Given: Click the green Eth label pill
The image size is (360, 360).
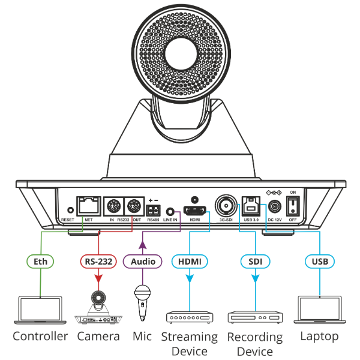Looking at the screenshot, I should (x=41, y=262).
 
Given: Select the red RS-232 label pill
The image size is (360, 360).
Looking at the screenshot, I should (x=98, y=262).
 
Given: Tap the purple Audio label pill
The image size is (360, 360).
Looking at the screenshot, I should (x=142, y=262).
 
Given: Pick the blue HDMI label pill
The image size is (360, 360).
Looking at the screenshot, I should (x=190, y=262).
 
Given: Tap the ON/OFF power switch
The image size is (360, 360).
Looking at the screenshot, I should (x=293, y=207).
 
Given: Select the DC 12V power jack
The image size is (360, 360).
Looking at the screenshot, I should (x=274, y=207).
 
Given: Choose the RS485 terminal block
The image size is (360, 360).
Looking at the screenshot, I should (x=154, y=211).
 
